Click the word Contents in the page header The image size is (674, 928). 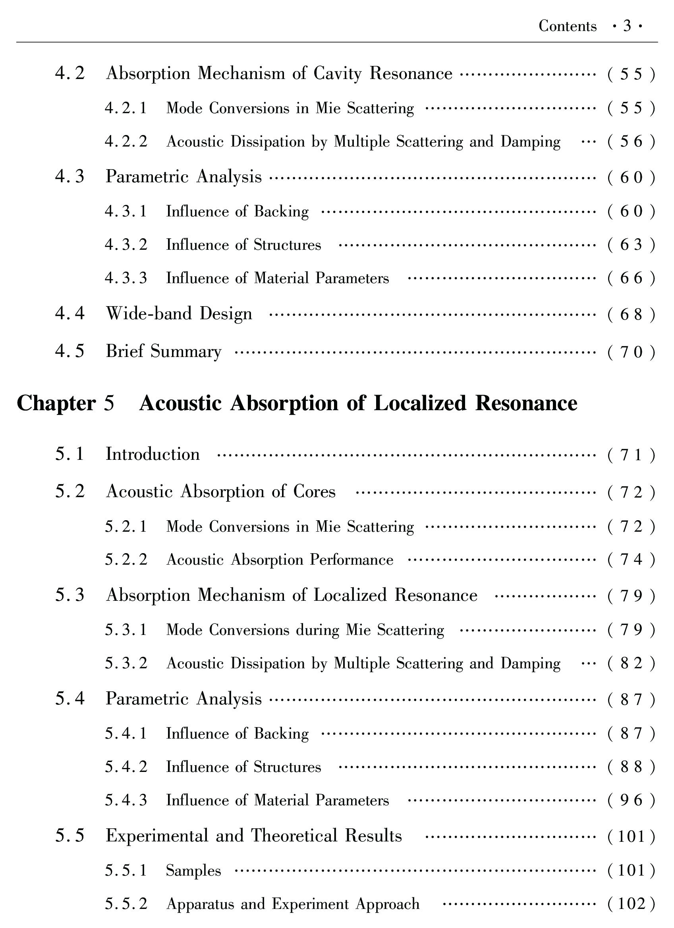(567, 26)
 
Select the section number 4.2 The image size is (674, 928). (70, 73)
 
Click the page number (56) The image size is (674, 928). (631, 142)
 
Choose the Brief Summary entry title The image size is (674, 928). (163, 351)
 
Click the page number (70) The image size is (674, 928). (631, 352)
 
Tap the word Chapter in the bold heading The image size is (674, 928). (56, 403)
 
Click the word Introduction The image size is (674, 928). (153, 454)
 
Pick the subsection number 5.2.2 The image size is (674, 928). (126, 560)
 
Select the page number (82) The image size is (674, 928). (631, 664)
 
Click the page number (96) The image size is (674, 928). (631, 801)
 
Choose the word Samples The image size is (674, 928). (193, 870)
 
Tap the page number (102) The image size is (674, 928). (631, 904)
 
